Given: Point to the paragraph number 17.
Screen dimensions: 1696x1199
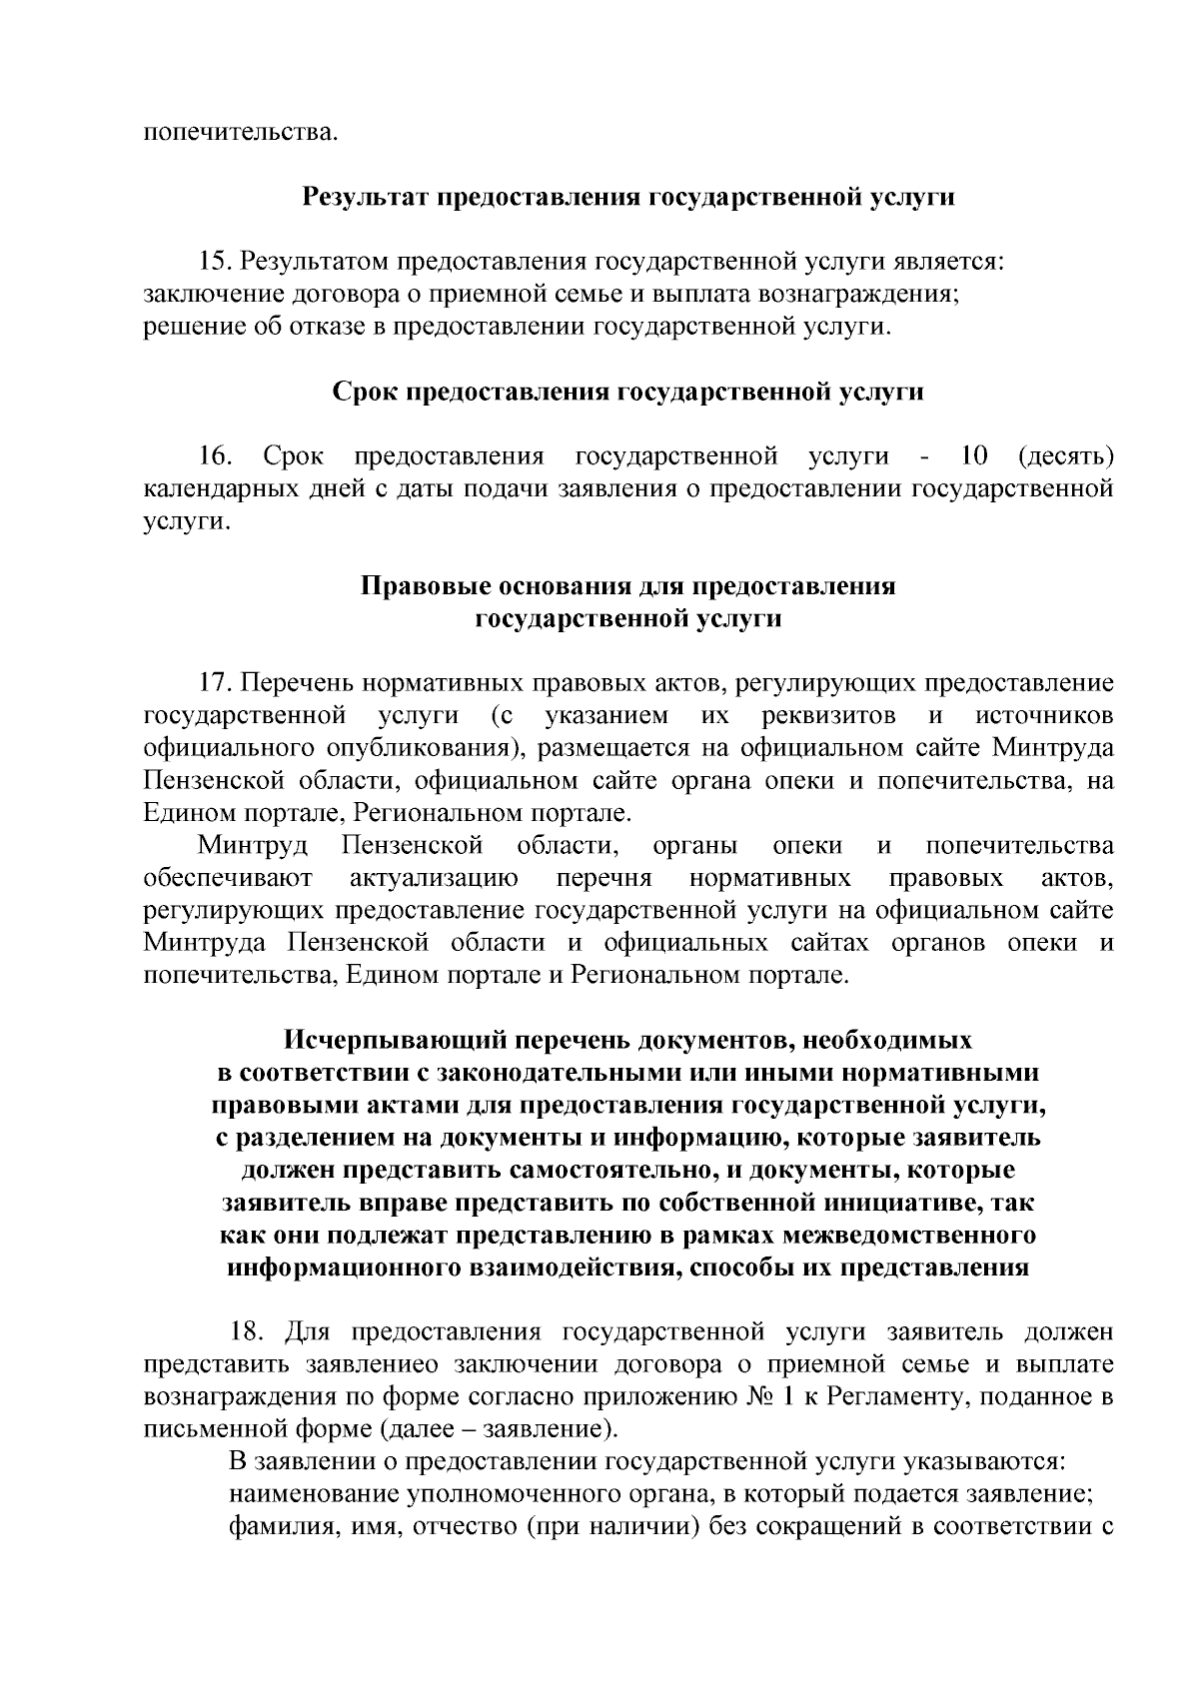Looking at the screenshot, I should [x=215, y=684].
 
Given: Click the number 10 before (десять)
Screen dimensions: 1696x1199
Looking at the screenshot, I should [x=973, y=456].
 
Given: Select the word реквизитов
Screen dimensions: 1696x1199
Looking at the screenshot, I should [x=828, y=716].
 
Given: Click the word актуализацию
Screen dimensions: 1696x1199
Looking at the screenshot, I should [x=434, y=878].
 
